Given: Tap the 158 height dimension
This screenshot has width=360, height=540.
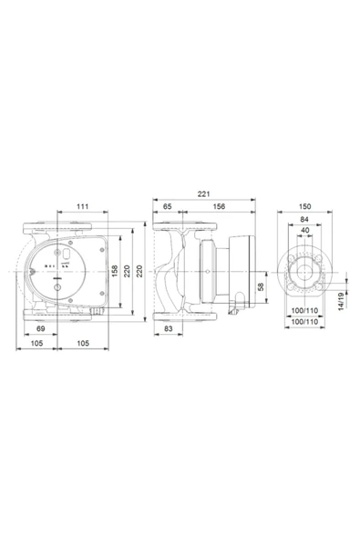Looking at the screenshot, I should (x=115, y=271).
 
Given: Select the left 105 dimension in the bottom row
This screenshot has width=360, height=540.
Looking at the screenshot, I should (x=37, y=344).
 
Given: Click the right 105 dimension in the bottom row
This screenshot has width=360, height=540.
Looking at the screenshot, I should (x=83, y=344).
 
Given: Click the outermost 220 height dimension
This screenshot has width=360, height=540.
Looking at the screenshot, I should (x=139, y=271).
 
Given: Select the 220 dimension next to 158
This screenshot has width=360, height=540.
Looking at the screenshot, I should (x=127, y=271).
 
